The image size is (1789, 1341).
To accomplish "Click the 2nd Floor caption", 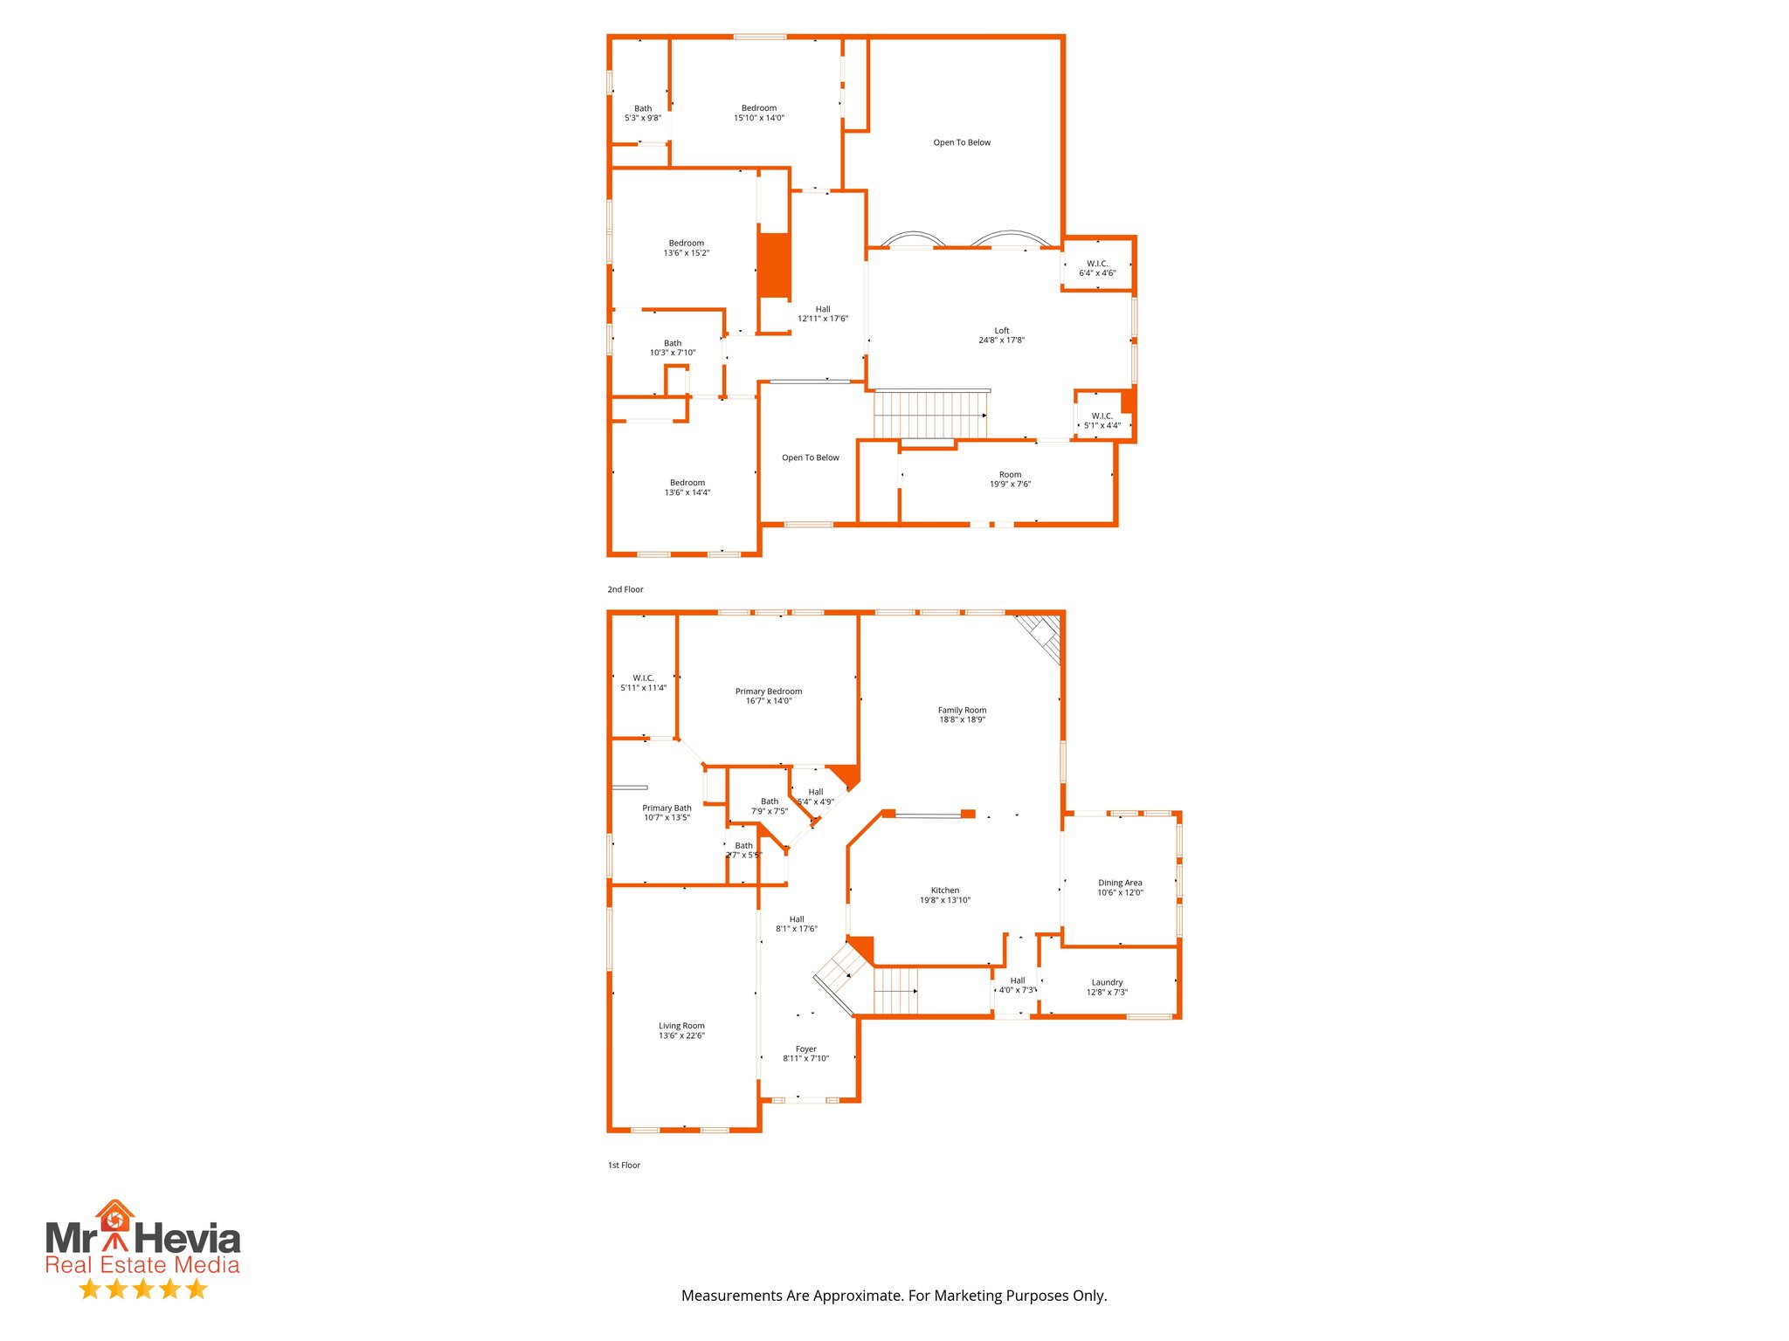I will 625,589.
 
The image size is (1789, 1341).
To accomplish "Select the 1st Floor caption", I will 624,1165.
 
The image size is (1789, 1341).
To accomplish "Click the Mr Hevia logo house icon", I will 114,1215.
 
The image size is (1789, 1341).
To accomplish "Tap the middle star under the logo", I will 143,1289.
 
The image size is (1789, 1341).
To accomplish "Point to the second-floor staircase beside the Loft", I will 931,414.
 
